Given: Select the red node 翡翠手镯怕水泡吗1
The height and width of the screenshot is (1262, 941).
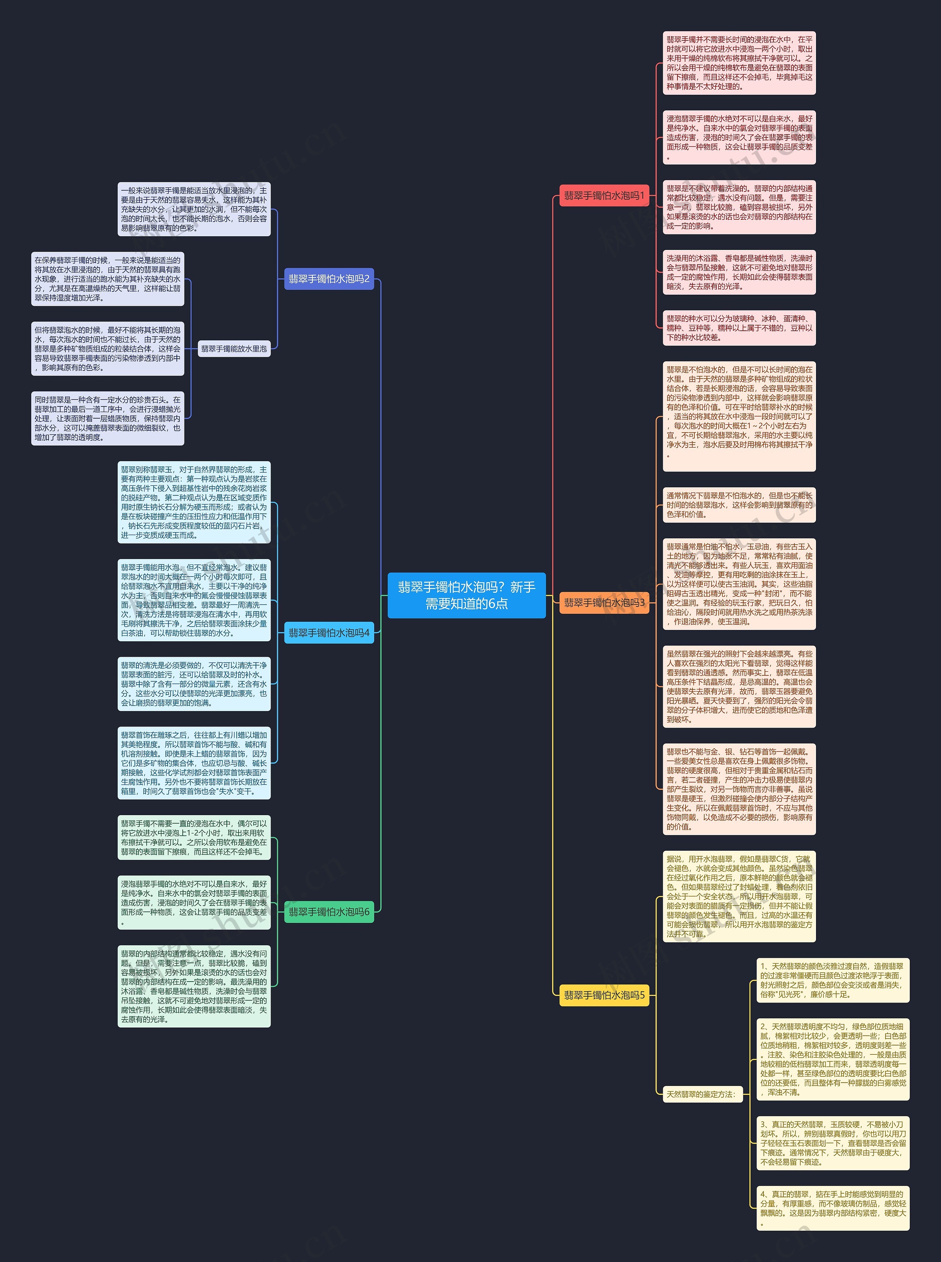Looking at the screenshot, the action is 604,196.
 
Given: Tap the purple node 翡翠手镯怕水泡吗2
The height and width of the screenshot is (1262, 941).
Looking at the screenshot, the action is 329,279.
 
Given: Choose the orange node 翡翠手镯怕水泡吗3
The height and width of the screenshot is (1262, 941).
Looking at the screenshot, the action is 604,603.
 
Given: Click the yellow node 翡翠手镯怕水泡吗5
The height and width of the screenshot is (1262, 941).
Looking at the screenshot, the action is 604,995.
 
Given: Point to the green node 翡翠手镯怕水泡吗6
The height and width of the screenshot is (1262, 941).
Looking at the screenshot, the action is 329,912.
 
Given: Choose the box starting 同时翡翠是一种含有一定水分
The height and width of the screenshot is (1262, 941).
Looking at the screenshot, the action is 108,418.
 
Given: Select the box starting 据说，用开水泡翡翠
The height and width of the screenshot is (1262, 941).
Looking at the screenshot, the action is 739,896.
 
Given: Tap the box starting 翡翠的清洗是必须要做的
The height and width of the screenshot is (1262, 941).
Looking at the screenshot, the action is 194,684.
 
